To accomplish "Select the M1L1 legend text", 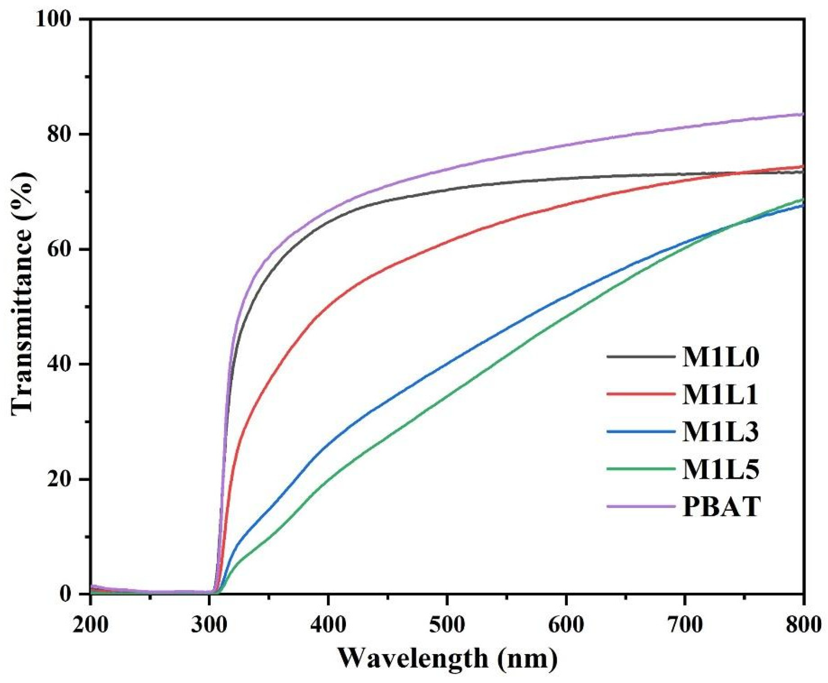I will (720, 395).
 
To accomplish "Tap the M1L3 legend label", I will (720, 432).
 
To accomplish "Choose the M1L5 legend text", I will (720, 469).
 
